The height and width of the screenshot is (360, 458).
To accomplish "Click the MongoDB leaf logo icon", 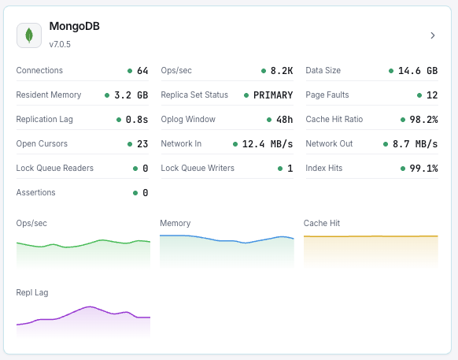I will [x=29, y=35].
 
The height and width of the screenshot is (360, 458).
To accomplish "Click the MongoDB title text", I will [x=74, y=27].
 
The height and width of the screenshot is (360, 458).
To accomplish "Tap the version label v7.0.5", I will [x=60, y=44].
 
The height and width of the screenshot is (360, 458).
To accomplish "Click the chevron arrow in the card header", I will [x=433, y=35].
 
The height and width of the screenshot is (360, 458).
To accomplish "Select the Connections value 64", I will [x=142, y=71].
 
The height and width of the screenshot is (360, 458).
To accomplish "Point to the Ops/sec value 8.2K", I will [x=282, y=71].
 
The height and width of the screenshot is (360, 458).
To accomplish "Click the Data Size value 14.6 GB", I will [x=417, y=71].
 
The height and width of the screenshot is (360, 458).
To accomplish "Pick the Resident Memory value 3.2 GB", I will [x=131, y=95].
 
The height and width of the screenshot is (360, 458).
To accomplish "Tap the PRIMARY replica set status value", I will [x=273, y=95].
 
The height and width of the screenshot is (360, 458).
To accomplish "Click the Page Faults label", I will [x=327, y=95].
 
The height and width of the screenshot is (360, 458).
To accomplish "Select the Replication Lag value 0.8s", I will [x=137, y=120].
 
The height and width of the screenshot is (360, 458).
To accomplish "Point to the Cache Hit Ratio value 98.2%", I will [x=423, y=120].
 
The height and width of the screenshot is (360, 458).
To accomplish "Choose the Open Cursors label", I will [x=42, y=144].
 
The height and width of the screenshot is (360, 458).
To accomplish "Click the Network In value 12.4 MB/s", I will [x=268, y=144].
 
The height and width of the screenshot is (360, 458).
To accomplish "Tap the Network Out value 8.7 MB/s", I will [x=415, y=144].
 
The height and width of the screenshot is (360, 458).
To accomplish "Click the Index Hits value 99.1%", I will [x=423, y=169].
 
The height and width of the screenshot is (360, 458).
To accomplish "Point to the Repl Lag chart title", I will [x=32, y=292].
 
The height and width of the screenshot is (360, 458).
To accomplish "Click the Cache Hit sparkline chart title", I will [x=322, y=223].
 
